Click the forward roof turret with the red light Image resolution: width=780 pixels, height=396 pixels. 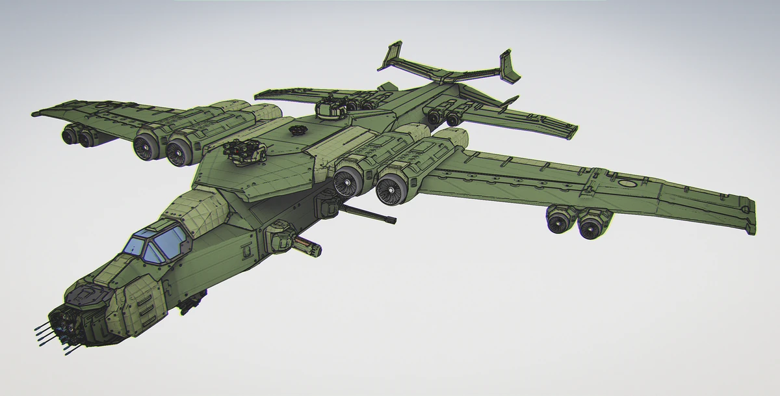coord(247,151)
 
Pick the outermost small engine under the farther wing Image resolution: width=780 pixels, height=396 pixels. coord(68,135)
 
